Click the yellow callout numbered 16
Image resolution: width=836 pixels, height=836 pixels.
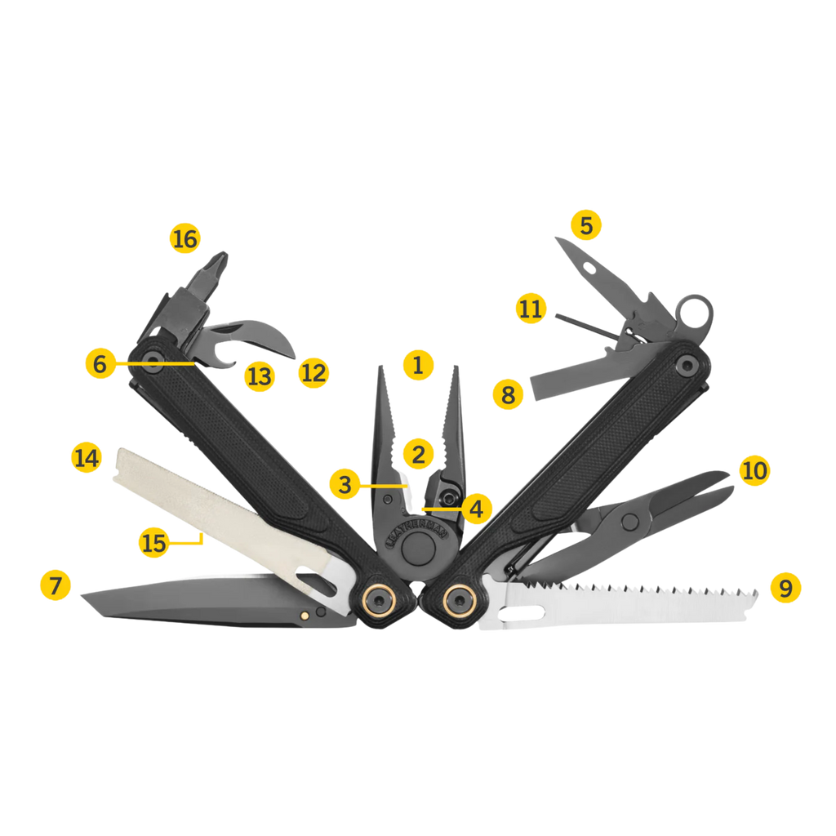coord(185,238)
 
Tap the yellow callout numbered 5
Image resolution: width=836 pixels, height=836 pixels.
coord(586,225)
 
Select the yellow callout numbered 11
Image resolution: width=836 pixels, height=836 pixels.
coord(531,308)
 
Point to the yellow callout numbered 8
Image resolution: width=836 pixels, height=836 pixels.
coord(508,394)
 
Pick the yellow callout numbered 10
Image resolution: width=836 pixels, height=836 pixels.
coord(754,470)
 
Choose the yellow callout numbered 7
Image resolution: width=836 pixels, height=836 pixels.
coord(56,585)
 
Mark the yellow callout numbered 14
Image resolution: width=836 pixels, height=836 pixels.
coord(87,457)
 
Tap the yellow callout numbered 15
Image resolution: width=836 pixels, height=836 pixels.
coord(153,543)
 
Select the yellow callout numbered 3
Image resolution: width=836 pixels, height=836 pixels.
coord(345,484)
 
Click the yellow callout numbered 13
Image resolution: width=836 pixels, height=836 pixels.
coord(260,376)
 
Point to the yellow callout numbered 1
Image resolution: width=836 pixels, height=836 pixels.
coord(418,365)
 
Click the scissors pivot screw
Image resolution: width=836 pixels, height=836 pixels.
coord(629,522)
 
